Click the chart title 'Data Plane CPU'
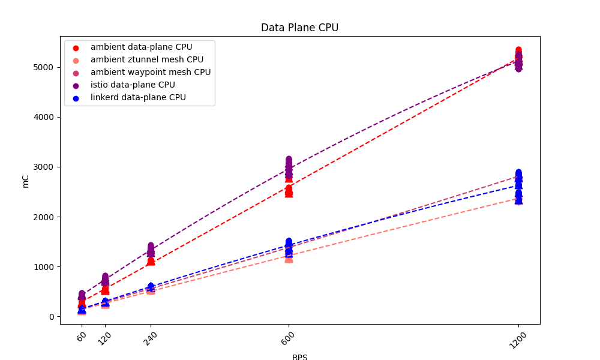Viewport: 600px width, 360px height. point(299,28)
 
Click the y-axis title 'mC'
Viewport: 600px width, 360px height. point(25,181)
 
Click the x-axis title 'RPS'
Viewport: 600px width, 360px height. point(299,357)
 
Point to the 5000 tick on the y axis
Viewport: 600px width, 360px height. point(45,67)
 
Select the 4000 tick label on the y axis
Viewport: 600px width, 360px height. point(45,117)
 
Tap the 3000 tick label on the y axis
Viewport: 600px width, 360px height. point(45,167)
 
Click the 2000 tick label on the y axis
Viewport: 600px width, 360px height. point(45,217)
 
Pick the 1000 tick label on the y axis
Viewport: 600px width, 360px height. point(45,266)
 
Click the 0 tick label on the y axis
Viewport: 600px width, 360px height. point(52,317)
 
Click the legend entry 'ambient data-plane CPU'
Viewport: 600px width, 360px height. point(141,47)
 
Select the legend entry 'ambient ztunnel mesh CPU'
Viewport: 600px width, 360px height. point(147,59)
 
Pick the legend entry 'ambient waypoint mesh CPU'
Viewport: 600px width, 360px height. point(151,72)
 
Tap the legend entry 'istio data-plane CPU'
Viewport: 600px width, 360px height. point(133,85)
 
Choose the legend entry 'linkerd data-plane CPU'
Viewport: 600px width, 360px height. point(138,97)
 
